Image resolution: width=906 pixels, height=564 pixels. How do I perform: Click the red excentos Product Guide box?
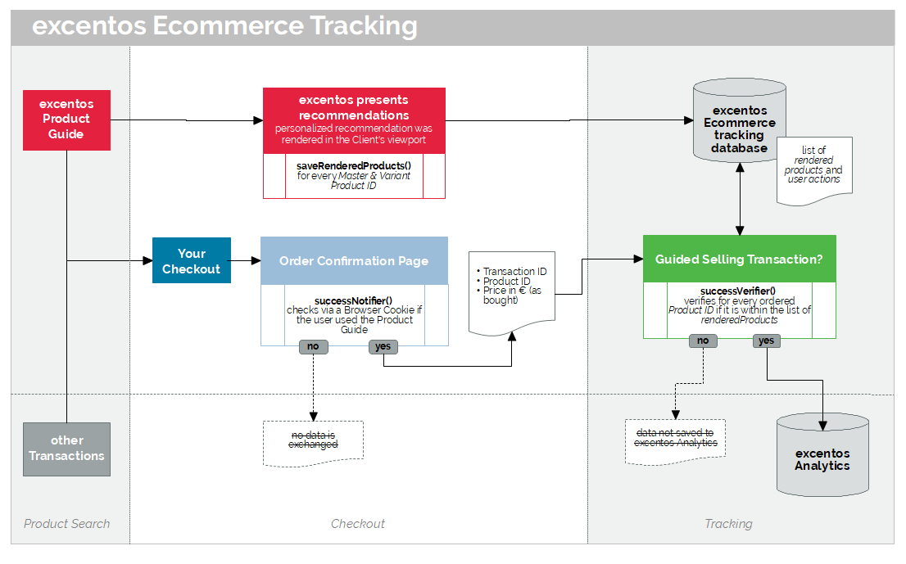(x=66, y=120)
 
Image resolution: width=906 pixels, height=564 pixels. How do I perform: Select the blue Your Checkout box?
(x=191, y=260)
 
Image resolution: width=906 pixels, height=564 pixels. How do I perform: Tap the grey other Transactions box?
(x=66, y=449)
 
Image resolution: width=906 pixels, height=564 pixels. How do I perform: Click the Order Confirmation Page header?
(x=354, y=261)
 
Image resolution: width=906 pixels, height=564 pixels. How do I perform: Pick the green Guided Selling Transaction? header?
(x=740, y=259)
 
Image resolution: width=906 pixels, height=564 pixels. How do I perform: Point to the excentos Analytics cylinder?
(x=822, y=455)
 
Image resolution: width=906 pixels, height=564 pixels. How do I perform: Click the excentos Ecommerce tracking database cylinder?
(x=740, y=120)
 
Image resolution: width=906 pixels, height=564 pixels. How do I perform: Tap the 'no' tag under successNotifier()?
(x=313, y=346)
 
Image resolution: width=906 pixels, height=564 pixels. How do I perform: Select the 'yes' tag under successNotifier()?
(x=383, y=346)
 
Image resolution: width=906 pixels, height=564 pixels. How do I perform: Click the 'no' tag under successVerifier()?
(x=703, y=341)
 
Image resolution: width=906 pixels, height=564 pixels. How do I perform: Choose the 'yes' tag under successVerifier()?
(x=767, y=341)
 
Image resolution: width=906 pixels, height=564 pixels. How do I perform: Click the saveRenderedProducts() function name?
(x=354, y=165)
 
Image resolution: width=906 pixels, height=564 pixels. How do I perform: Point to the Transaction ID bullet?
(x=512, y=271)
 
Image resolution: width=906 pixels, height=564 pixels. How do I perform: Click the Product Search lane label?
(x=66, y=524)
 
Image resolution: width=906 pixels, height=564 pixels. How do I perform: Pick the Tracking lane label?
(x=728, y=524)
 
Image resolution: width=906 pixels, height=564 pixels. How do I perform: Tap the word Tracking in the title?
(x=364, y=26)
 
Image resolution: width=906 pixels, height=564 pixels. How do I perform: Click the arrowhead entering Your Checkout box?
(x=148, y=261)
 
